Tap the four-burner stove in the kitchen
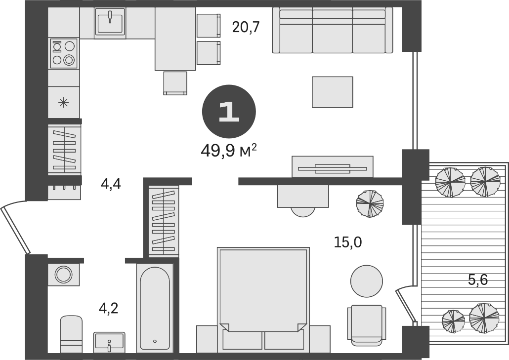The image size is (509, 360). pos(64,53)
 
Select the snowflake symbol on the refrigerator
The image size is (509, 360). pos(64,103)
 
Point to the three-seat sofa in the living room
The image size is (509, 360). pos(333,30)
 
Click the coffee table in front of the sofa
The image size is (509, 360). pos(332,92)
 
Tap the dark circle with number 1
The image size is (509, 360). pos(228,112)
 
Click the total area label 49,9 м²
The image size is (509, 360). pos(228,150)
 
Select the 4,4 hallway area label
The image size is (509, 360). pos(111,184)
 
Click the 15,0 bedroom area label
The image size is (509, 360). pos(347,242)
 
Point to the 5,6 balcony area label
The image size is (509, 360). pos(477,280)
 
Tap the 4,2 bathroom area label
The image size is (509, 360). pos(109,309)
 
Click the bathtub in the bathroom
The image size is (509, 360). pos(155,308)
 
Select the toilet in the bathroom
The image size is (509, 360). pos(71,334)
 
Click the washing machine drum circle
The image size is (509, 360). pos(63,274)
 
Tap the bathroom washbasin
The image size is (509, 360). pos(109,342)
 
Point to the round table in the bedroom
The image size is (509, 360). pos(366,280)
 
